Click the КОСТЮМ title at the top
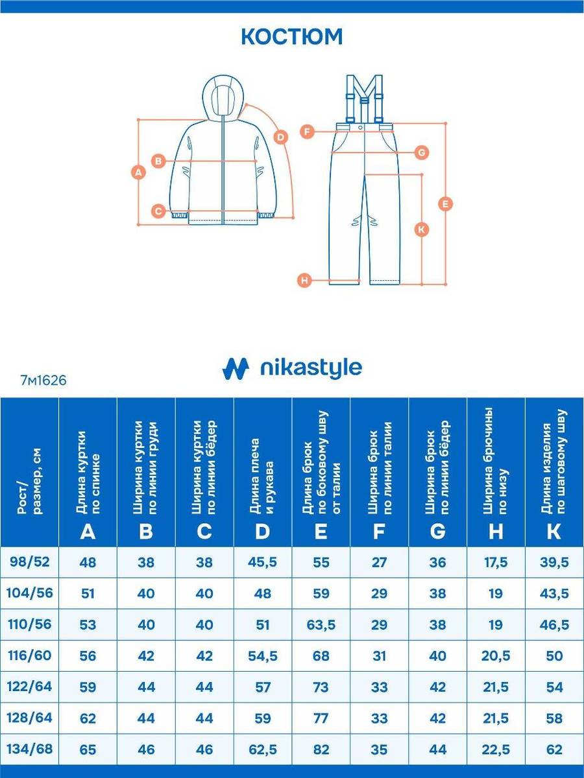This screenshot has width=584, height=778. (x=292, y=37)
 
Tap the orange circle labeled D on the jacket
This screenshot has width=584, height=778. (x=280, y=137)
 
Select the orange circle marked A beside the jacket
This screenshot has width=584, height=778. (x=138, y=172)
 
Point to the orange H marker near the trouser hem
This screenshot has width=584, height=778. (x=304, y=281)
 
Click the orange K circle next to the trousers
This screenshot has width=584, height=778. (x=422, y=230)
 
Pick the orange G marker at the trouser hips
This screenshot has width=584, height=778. (x=422, y=153)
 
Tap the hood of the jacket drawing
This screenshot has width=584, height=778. (x=224, y=96)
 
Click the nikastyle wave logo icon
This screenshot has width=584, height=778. (x=236, y=369)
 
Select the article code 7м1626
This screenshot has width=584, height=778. (x=43, y=381)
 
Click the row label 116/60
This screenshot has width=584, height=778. (x=29, y=655)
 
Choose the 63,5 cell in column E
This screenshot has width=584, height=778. (x=321, y=625)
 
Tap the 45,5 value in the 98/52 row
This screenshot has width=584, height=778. (x=262, y=563)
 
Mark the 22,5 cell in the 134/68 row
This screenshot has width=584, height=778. (x=496, y=749)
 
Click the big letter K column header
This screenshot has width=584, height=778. (x=554, y=532)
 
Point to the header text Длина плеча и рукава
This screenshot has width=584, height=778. (x=262, y=476)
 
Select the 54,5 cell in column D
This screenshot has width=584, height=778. (x=262, y=656)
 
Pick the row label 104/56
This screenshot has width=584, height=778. (x=29, y=593)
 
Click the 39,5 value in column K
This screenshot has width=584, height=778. (x=554, y=563)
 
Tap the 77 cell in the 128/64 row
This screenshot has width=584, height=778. (x=321, y=718)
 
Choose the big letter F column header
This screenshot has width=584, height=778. (x=379, y=532)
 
